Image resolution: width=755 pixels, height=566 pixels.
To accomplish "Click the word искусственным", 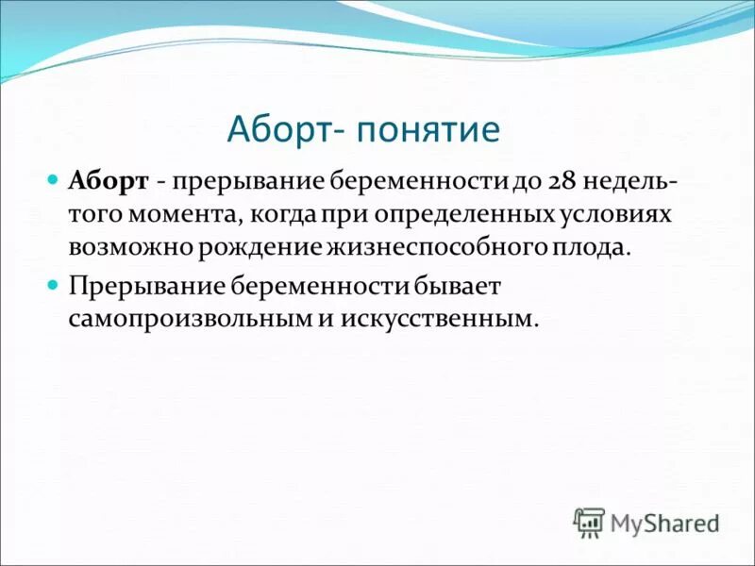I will (x=430, y=319).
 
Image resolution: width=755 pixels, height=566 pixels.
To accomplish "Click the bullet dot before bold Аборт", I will (x=54, y=179).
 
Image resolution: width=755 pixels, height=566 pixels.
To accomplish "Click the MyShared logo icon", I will (x=589, y=521).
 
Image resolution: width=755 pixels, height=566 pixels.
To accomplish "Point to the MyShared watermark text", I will (x=665, y=522).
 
